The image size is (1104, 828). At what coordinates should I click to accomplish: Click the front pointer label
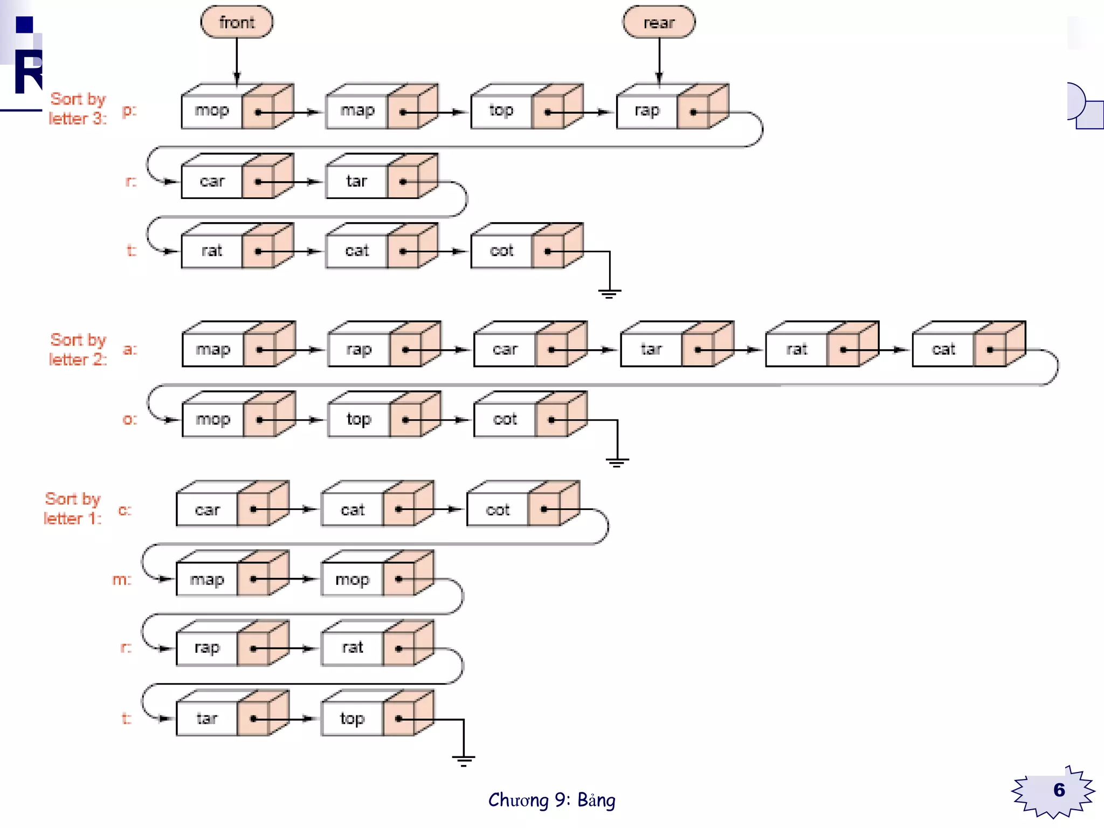237,23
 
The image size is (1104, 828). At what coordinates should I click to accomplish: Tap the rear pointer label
659,23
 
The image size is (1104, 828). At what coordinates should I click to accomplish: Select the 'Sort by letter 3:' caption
78,109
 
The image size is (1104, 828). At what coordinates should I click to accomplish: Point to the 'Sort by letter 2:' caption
78,350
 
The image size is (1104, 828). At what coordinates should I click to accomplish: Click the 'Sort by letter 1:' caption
72,509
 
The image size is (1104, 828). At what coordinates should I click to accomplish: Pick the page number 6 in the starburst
1059,790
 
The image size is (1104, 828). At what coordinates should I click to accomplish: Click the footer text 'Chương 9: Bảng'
551,801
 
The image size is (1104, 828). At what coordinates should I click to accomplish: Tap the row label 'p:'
129,111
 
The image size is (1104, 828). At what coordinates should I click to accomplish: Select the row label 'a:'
130,349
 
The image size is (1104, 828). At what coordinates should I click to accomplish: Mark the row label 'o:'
130,419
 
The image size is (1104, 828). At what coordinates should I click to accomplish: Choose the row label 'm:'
122,579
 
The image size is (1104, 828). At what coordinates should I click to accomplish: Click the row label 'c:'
125,510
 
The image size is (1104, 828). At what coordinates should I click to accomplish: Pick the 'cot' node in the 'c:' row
498,510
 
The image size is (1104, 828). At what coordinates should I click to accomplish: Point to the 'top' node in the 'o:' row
358,419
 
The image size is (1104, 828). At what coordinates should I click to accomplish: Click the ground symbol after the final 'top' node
464,760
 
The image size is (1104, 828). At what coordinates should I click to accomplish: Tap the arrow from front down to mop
237,59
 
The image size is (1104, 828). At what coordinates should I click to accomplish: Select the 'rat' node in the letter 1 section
353,648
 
